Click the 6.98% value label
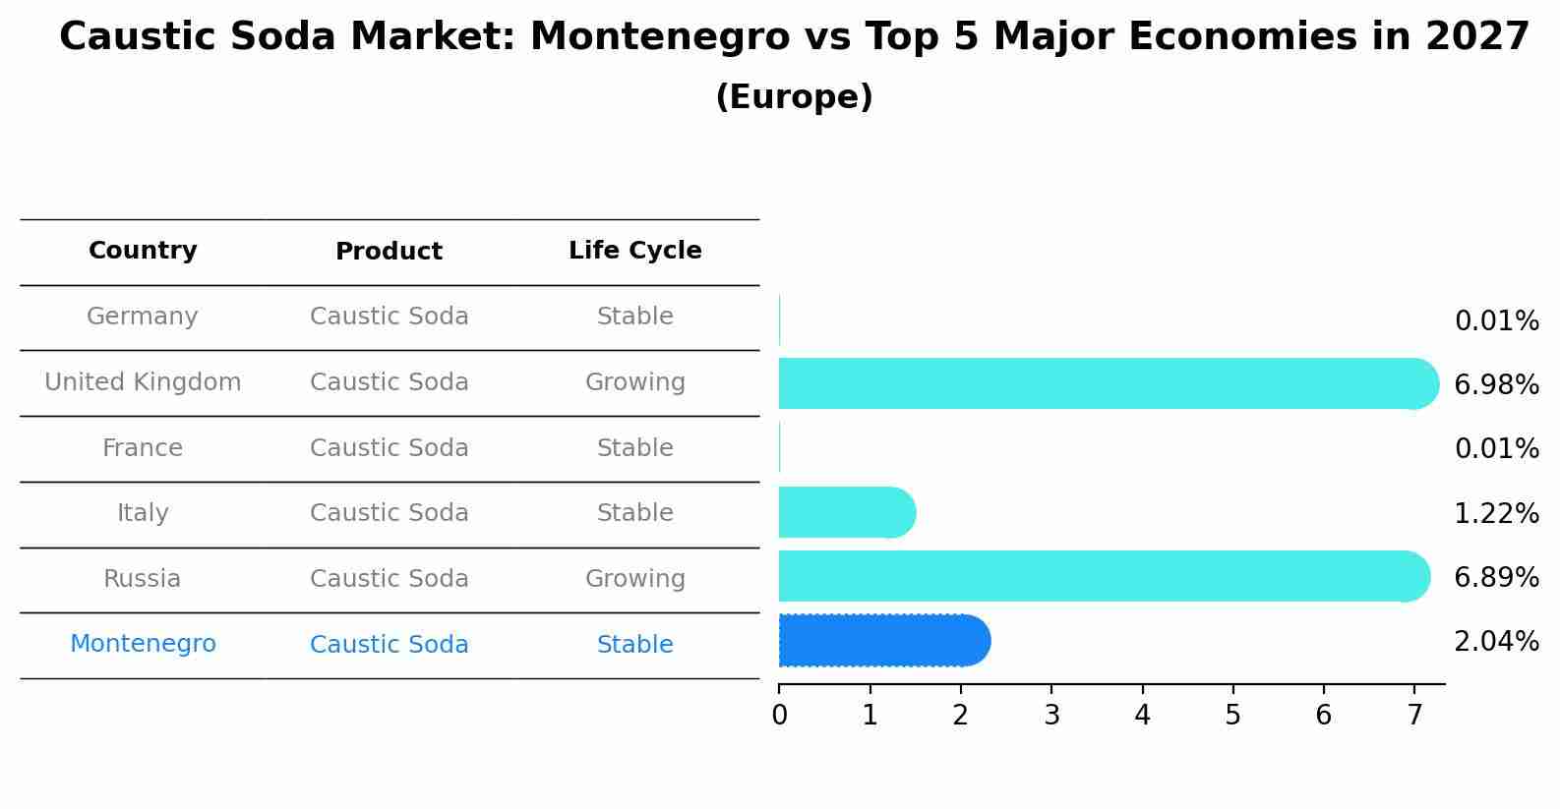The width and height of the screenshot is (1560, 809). pyautogui.click(x=1496, y=384)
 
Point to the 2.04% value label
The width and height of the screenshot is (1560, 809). pyautogui.click(x=1496, y=642)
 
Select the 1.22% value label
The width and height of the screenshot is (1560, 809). pyautogui.click(x=1496, y=513)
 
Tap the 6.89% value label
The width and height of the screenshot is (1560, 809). pyautogui.click(x=1496, y=577)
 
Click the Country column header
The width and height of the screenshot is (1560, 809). pyautogui.click(x=143, y=251)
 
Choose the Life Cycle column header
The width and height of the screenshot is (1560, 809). pyautogui.click(x=634, y=251)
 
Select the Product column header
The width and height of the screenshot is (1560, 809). pyautogui.click(x=389, y=252)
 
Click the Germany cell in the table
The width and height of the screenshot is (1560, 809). pyautogui.click(x=143, y=317)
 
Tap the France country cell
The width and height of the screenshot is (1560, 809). pyautogui.click(x=143, y=448)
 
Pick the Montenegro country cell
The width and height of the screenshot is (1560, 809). pyautogui.click(x=143, y=644)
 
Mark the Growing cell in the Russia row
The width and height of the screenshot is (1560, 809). pyautogui.click(x=634, y=579)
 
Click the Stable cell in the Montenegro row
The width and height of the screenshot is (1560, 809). pyautogui.click(x=634, y=645)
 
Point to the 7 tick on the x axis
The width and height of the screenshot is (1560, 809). pyautogui.click(x=1414, y=715)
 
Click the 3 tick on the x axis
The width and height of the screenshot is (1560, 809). pyautogui.click(x=1051, y=715)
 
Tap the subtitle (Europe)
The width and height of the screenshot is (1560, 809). pyautogui.click(x=794, y=97)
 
